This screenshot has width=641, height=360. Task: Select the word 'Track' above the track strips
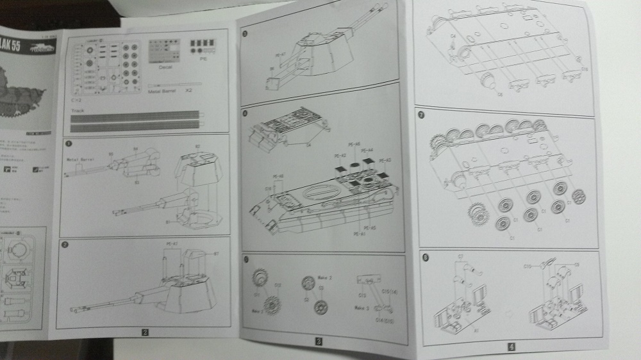click(78, 110)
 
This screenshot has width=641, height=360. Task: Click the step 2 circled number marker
click(65, 245)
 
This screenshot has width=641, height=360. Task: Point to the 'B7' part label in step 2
click(216, 254)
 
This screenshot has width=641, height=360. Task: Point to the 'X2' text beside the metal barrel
click(189, 92)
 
